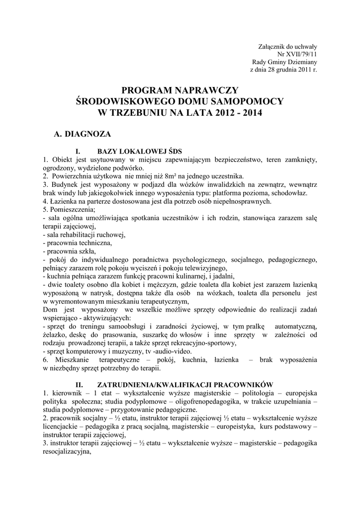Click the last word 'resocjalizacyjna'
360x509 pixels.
(68, 452)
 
